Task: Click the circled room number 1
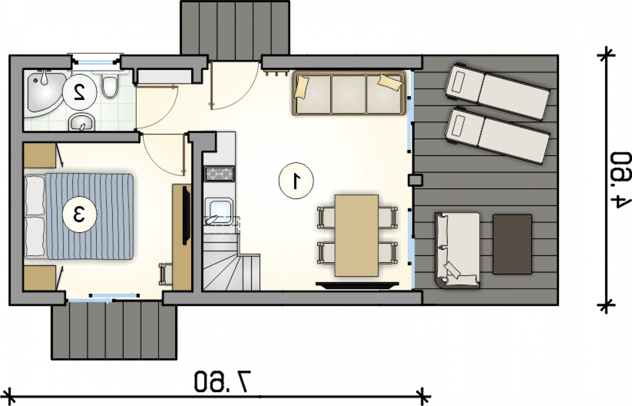(296, 181)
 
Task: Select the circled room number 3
(79, 214)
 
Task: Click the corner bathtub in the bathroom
(44, 95)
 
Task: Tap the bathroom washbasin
(82, 122)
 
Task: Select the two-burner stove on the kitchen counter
(219, 174)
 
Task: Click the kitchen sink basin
(219, 211)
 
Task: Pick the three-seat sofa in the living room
(349, 93)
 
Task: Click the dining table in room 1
(357, 235)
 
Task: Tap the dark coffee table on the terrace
(512, 244)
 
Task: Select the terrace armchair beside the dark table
(457, 250)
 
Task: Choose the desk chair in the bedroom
(166, 274)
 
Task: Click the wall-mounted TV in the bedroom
(186, 215)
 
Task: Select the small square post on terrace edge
(415, 180)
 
